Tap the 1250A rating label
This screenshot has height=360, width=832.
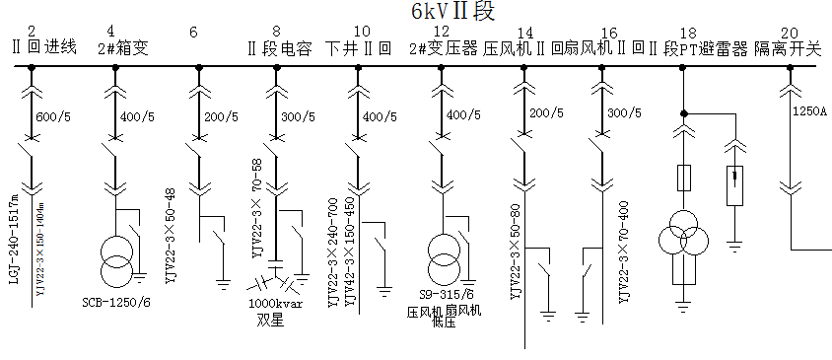point(809,111)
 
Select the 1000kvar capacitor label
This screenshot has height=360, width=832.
point(276,305)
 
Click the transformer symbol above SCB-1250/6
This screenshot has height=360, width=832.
point(116,258)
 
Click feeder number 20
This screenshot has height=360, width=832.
point(789,33)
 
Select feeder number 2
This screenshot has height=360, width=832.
point(33,33)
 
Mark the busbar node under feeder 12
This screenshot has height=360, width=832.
point(437,68)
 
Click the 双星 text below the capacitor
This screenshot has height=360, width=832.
point(269,320)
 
